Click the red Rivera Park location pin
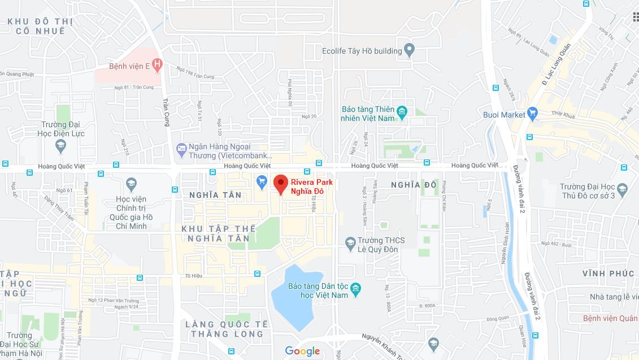(x=281, y=184)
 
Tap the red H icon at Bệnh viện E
(x=157, y=66)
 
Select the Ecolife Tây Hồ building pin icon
(x=410, y=51)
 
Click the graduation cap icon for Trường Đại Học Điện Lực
(x=61, y=146)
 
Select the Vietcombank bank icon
(x=181, y=150)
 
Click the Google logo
(x=302, y=351)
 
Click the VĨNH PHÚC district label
(x=608, y=274)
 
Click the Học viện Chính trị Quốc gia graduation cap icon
(x=131, y=184)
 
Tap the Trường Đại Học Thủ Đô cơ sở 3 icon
(x=622, y=189)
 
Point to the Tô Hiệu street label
(x=193, y=276)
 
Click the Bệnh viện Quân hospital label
(x=610, y=319)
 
